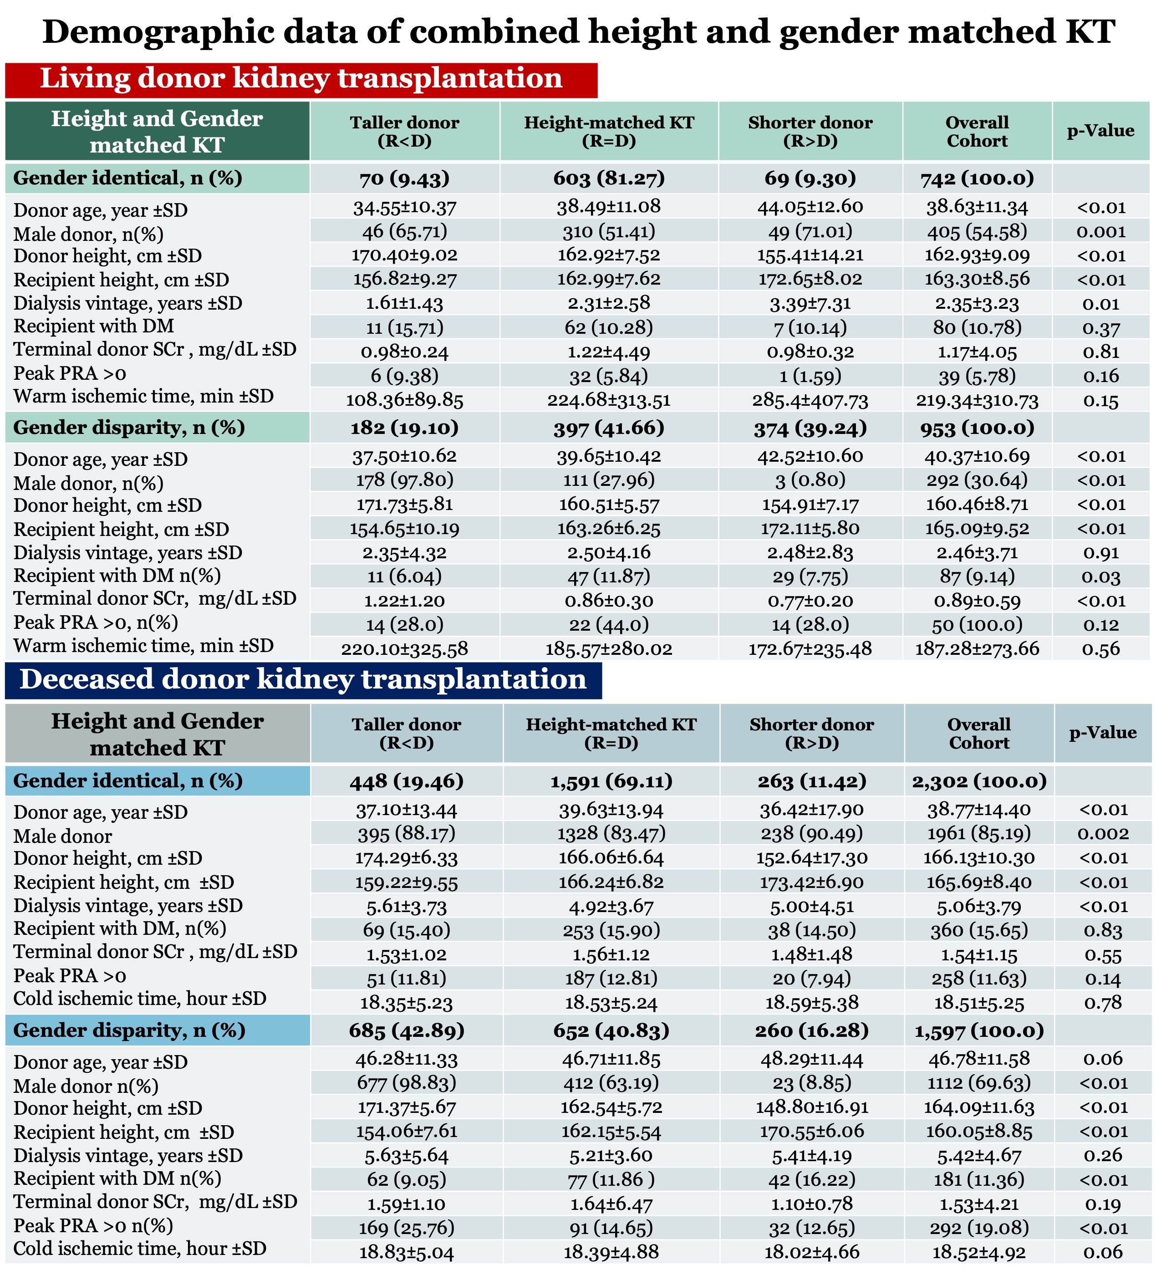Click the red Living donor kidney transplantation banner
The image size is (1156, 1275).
coord(301,80)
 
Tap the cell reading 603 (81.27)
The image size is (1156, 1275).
coord(609,178)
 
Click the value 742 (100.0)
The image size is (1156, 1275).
coord(977,178)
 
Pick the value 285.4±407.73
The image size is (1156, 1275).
coord(810,400)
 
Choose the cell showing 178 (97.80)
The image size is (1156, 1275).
coord(405,480)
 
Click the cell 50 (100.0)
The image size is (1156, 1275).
coord(977,625)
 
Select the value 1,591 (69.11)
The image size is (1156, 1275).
coord(611,781)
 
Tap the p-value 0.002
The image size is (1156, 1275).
coord(1103,834)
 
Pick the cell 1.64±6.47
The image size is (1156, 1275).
coord(611,1204)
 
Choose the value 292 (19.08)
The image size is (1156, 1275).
coord(979,1228)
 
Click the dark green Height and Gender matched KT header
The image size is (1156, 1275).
coord(157,132)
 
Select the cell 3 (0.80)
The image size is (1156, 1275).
coord(810,480)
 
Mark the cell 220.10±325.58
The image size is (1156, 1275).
coord(405,649)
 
